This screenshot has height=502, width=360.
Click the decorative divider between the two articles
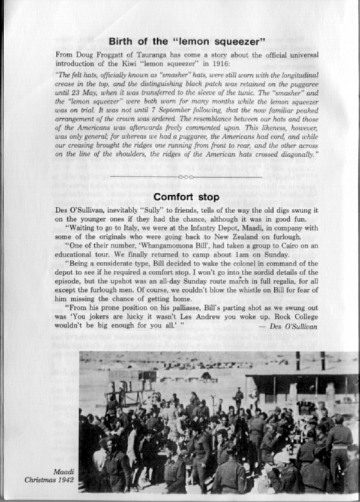pos(186,177)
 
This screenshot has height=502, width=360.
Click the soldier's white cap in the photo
pos(282,458)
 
